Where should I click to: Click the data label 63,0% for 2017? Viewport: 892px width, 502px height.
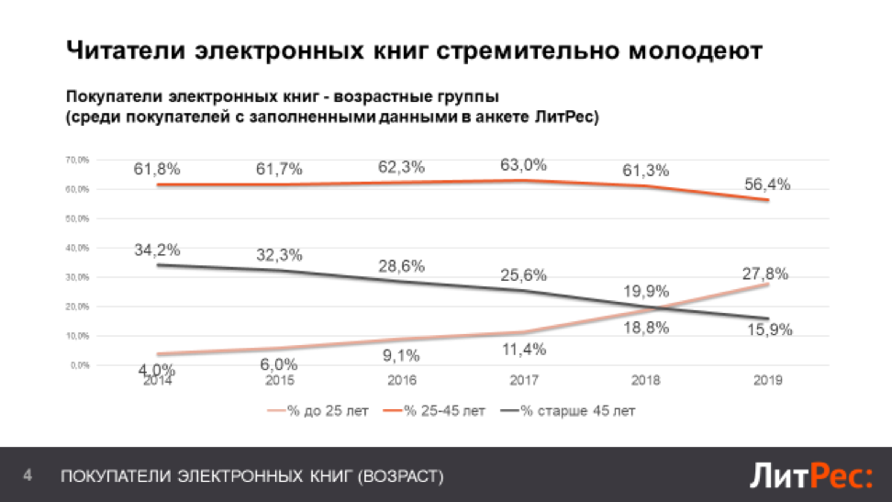tap(524, 165)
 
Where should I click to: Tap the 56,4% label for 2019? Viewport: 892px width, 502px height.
tap(768, 184)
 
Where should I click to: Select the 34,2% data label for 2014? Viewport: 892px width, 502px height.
tap(158, 250)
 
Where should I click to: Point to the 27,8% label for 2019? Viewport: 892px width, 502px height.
tap(768, 273)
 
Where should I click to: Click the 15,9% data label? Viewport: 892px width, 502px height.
tap(768, 329)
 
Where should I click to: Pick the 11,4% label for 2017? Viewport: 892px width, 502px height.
tap(524, 349)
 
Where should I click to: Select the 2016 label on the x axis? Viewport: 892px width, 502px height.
tap(402, 380)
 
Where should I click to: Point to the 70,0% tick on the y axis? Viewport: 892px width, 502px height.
tap(77, 161)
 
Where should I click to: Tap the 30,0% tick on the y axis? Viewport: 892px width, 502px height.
tap(77, 277)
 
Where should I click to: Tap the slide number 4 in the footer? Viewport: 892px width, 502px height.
tap(28, 475)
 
